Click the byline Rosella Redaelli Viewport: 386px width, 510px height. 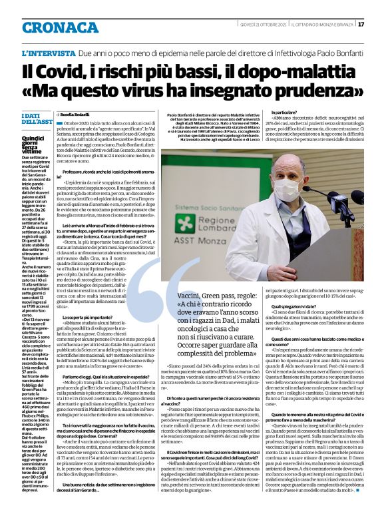pyautogui.click(x=78, y=114)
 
